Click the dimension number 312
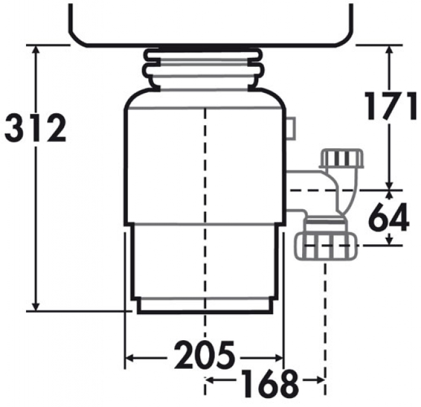[36, 128]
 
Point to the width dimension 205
[204, 355]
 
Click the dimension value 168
[269, 384]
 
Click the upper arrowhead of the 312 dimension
[36, 50]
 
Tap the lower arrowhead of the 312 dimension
[36, 306]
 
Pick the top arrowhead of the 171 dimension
[390, 50]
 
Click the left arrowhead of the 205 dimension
[130, 358]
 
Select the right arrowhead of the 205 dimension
[278, 358]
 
